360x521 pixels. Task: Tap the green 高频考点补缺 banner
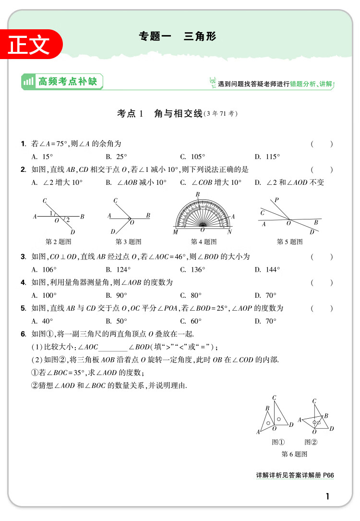pos(62,82)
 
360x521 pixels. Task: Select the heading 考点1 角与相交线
pos(177,114)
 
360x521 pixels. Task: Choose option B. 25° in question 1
pos(116,157)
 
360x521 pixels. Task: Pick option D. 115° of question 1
pos(267,157)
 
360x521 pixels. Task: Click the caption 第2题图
pos(58,242)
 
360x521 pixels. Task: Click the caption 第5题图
pos(289,242)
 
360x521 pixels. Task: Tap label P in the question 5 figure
pos(276,200)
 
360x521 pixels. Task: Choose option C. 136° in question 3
pos(192,270)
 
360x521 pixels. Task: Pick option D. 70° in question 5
pos(265,321)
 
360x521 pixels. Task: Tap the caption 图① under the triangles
pos(278,442)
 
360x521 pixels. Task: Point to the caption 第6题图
pos(294,454)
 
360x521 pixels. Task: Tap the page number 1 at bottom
pos(327,497)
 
